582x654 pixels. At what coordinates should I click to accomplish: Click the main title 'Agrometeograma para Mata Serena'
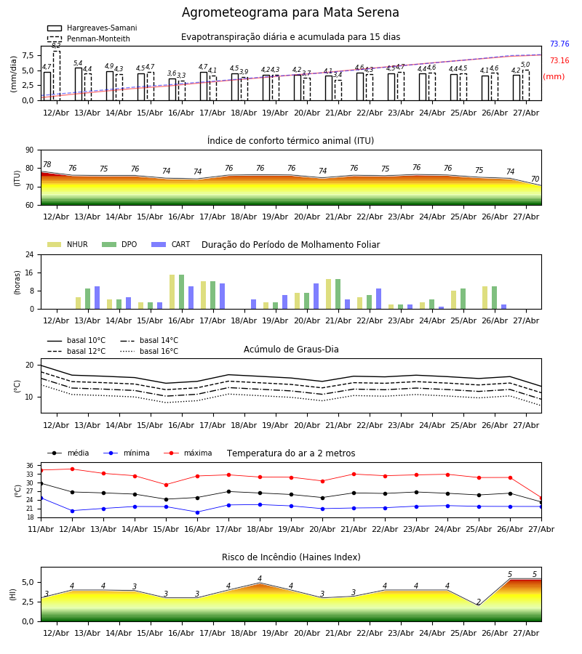tap(290, 12)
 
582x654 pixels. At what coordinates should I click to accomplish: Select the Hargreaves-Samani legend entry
tap(92, 28)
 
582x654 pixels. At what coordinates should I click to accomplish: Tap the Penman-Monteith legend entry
tap(89, 39)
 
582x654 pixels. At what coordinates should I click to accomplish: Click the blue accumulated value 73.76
tap(559, 44)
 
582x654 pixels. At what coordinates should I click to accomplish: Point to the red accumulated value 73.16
tap(559, 60)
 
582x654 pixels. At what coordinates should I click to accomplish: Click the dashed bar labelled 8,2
tap(56, 76)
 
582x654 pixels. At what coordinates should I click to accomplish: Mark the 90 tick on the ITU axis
tap(30, 150)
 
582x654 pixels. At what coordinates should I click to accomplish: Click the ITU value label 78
tap(47, 164)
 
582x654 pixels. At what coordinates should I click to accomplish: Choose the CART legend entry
tap(171, 244)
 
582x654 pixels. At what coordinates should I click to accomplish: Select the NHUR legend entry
tap(68, 244)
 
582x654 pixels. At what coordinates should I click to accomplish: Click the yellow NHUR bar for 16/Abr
tap(172, 292)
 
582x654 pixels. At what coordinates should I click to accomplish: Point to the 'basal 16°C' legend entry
tap(149, 351)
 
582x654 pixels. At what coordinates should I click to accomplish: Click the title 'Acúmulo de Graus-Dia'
tap(291, 350)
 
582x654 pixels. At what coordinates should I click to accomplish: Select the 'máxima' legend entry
tap(188, 453)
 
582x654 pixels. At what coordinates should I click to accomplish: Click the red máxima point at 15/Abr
tap(166, 485)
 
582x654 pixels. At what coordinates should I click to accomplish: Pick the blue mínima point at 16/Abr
tap(197, 512)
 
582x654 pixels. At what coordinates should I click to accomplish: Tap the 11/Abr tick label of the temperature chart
tap(41, 529)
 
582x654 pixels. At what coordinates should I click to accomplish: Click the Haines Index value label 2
tap(479, 602)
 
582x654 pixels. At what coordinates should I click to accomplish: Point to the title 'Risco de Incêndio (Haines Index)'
tap(291, 557)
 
